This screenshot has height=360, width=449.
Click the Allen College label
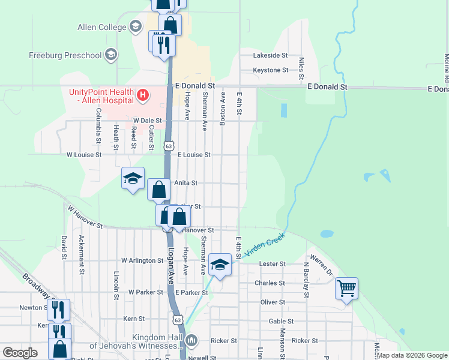(x=101, y=27)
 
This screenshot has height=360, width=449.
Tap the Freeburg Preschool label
(x=65, y=56)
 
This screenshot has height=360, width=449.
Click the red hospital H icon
(x=142, y=94)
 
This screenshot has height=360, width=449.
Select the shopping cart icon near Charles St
(x=346, y=288)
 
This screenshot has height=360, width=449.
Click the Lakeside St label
(x=271, y=55)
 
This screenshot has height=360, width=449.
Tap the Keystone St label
(x=271, y=70)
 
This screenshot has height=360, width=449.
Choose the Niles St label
(x=301, y=69)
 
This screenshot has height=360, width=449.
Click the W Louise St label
(x=84, y=154)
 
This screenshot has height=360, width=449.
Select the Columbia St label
(x=97, y=131)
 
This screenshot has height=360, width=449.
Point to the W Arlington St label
(x=142, y=261)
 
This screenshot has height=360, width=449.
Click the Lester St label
(x=272, y=264)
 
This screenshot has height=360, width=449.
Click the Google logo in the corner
(x=20, y=353)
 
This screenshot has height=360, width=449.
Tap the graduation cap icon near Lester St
(x=220, y=265)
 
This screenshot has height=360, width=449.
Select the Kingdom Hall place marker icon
(x=191, y=340)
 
